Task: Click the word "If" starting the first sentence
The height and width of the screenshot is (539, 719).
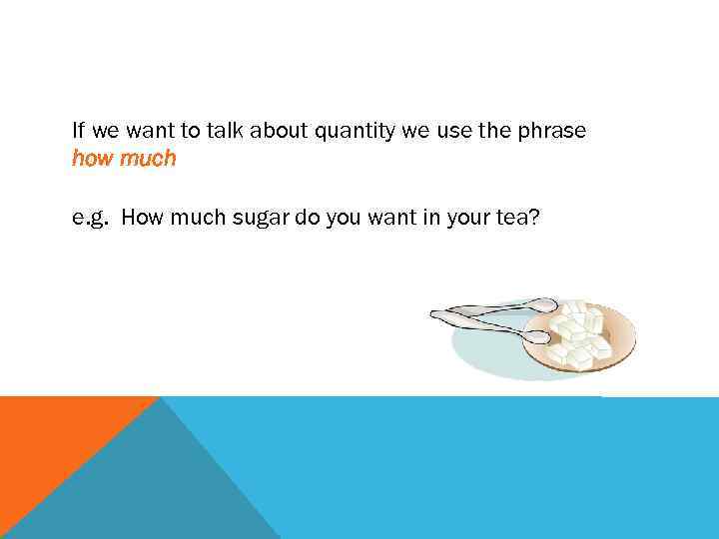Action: click(x=79, y=131)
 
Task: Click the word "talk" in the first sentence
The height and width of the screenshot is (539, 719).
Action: click(x=186, y=131)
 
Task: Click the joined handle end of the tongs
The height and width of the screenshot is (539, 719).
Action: click(x=435, y=314)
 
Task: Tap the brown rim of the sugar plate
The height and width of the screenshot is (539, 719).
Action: click(x=627, y=329)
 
